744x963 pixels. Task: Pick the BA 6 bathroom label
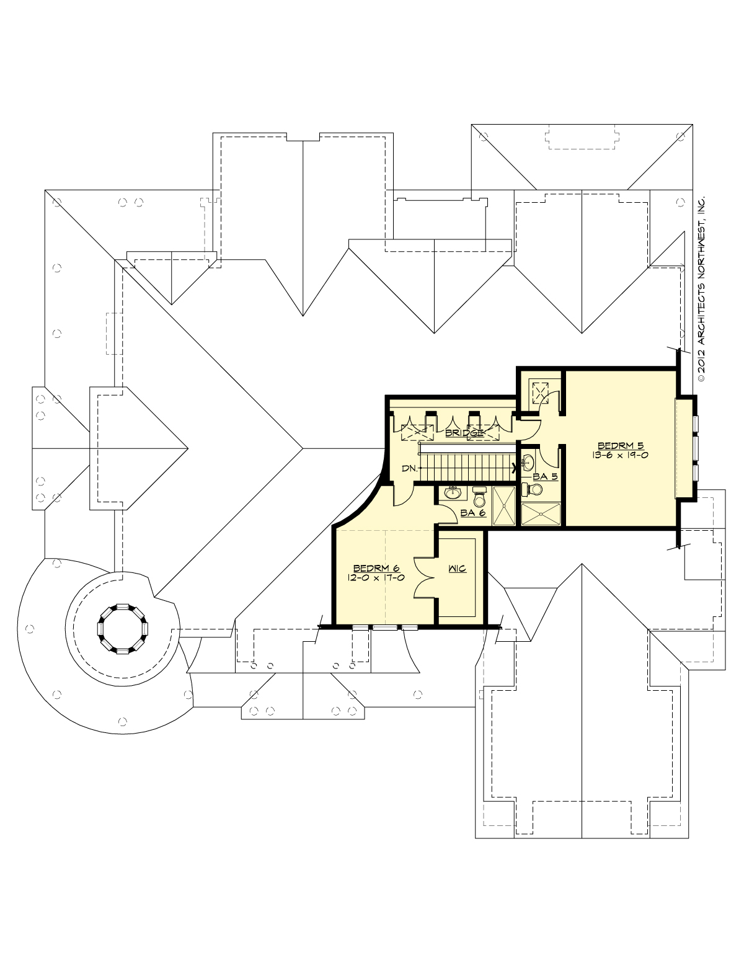point(472,513)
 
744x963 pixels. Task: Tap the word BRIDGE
point(464,433)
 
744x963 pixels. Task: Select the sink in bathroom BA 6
point(453,494)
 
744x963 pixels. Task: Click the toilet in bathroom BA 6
point(479,497)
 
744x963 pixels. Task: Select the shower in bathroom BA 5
point(541,515)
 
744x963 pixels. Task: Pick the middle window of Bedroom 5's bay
point(696,447)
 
